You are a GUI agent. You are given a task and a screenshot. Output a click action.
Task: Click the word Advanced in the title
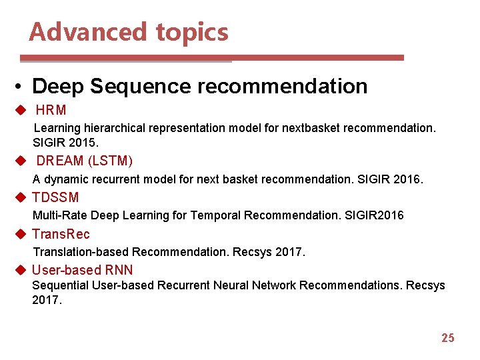pos(89,32)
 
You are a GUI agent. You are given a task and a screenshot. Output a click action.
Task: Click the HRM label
pos(51,110)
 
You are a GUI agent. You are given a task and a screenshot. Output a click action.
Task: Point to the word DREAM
pos(60,161)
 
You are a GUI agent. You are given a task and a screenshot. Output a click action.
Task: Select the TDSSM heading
pos(55,197)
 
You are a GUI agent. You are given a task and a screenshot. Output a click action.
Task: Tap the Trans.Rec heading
pos(61,234)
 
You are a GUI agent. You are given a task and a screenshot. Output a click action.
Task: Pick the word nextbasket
pos(311,128)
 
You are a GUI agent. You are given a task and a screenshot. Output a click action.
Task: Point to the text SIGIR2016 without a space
pos(374,215)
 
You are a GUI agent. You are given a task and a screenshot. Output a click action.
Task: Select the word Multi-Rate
pos(60,215)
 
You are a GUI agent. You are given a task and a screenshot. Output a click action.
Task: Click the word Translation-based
pos(81,252)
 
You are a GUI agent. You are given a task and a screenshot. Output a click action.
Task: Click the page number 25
pos(447,338)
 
